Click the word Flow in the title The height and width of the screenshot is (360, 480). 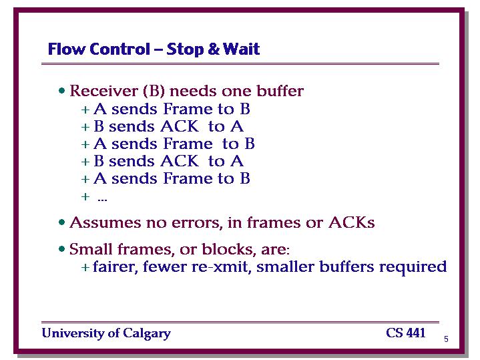[x=67, y=49]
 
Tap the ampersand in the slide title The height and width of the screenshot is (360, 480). [x=214, y=49]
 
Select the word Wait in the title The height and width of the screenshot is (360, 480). [x=241, y=49]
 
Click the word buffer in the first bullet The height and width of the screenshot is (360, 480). [x=280, y=91]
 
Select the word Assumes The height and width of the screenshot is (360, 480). [x=105, y=222]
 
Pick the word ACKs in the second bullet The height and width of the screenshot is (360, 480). [x=351, y=222]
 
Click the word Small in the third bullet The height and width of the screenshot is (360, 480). [x=91, y=248]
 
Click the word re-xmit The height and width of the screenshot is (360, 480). [x=222, y=267]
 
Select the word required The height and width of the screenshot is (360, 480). [x=413, y=267]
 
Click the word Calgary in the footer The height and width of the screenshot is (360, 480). [x=147, y=333]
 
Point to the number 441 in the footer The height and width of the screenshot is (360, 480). [x=415, y=333]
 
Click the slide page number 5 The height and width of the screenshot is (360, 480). [x=446, y=339]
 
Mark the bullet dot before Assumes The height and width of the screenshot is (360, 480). [x=62, y=222]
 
